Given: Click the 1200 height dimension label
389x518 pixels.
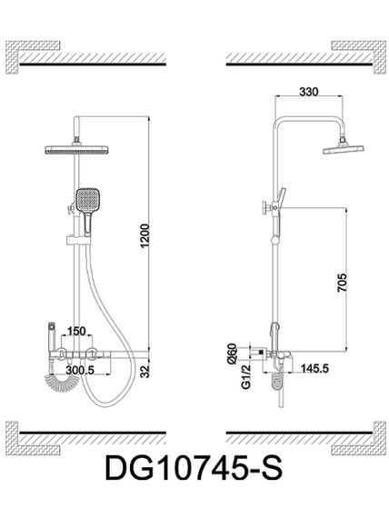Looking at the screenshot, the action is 145,236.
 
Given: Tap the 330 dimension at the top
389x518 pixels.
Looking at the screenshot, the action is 309,92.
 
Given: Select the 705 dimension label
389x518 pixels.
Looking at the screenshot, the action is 343,283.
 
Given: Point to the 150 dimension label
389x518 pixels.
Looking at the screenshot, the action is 76,331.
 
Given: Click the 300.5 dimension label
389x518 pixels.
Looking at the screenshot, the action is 80,370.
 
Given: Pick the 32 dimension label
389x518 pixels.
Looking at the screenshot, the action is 145,372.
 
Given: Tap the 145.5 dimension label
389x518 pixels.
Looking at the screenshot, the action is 314,368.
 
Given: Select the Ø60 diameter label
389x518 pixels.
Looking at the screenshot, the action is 232,354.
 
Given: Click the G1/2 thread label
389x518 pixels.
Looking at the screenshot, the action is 246,377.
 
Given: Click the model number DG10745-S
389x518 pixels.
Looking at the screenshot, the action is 194,468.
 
